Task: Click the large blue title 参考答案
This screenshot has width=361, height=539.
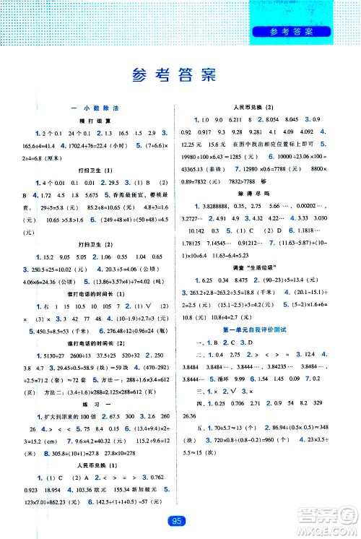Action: click(180, 74)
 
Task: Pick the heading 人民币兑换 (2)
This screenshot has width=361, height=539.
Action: click(269, 108)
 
